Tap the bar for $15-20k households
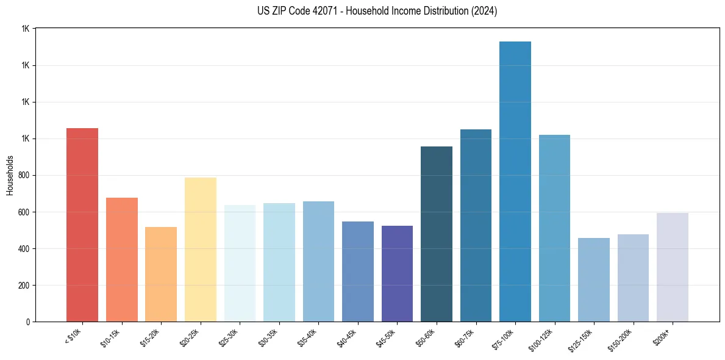click(161, 274)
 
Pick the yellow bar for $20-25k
click(201, 250)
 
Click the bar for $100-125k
click(554, 228)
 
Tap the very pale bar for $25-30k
click(240, 263)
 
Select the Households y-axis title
click(10, 175)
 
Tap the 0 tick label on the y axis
click(27, 322)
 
